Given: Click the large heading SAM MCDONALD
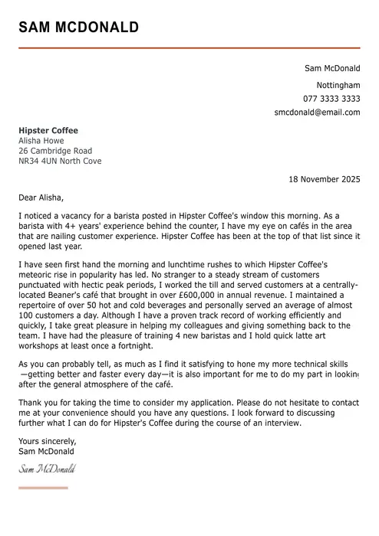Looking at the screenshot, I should pyautogui.click(x=79, y=28).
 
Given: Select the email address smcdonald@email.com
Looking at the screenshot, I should pyautogui.click(x=317, y=113).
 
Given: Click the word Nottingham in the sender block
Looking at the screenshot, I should pyautogui.click(x=338, y=85).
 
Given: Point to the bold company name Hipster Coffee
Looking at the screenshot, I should pyautogui.click(x=48, y=131).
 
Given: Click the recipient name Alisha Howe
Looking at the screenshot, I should pyautogui.click(x=41, y=141).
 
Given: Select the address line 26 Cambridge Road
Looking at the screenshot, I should pyautogui.click(x=55, y=151).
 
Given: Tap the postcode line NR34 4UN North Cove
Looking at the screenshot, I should pyautogui.click(x=60, y=162).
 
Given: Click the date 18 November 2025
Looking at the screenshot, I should pyautogui.click(x=324, y=180).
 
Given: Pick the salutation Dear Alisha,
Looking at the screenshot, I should pyautogui.click(x=42, y=198).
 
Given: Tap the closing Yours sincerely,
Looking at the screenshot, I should pyautogui.click(x=48, y=441).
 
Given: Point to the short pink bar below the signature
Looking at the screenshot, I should pyautogui.click(x=43, y=488).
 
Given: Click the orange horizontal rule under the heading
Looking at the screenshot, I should pyautogui.click(x=189, y=48).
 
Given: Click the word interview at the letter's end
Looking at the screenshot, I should pyautogui.click(x=282, y=423).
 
